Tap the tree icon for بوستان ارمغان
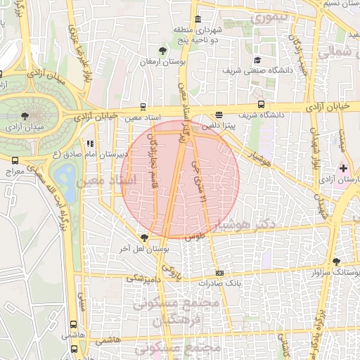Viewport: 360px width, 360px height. [163, 50]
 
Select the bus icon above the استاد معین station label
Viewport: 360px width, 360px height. [143, 107]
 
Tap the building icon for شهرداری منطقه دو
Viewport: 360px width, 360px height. [198, 19]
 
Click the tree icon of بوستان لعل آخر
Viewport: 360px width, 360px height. [144, 238]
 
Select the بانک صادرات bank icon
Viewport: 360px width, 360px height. [219, 273]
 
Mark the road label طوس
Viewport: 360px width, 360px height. [194, 239]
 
